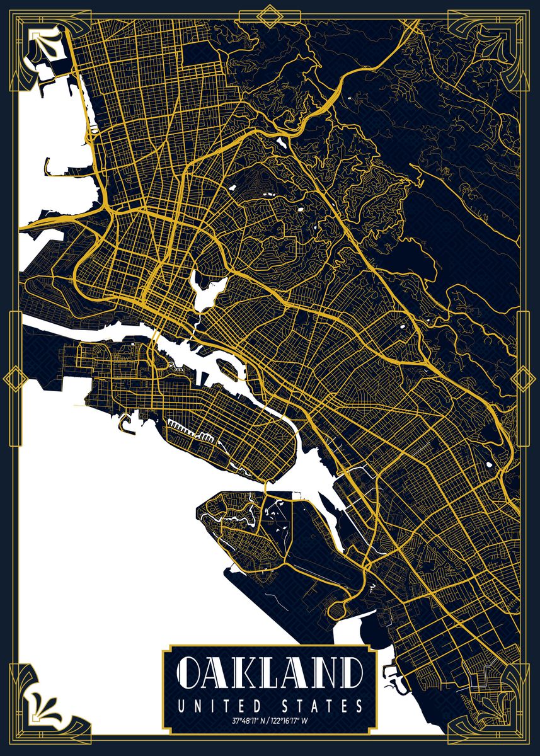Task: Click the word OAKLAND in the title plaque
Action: coord(270,675)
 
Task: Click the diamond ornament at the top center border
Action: coord(270,16)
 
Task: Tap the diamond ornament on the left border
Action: coord(14,379)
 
